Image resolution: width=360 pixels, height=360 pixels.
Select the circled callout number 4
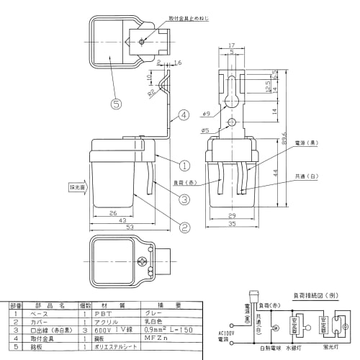(184, 114)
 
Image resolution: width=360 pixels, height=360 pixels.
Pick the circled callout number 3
(184, 199)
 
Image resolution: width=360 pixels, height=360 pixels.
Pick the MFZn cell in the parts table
(157, 336)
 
